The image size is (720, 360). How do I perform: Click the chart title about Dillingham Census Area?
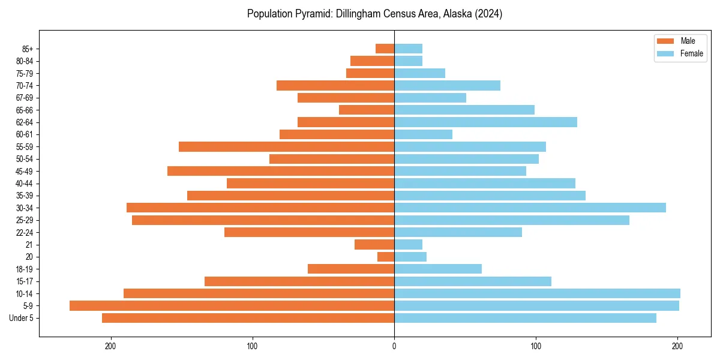click(374, 14)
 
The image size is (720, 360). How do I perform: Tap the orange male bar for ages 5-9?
click(232, 305)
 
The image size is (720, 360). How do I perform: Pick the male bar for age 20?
click(386, 257)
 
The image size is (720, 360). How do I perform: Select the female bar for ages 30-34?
click(530, 208)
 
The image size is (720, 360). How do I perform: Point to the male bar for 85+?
click(385, 49)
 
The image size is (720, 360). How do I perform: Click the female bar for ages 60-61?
click(423, 134)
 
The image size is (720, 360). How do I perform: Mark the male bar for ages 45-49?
click(281, 171)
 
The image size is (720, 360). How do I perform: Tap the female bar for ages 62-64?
click(485, 122)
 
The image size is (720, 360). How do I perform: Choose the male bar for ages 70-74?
click(335, 85)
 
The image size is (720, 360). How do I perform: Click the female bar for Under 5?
click(525, 318)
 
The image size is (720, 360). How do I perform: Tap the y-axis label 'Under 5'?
click(21, 318)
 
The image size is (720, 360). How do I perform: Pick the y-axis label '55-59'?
click(25, 146)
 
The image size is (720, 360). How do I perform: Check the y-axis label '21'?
click(29, 244)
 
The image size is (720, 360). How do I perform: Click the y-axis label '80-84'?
click(25, 61)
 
